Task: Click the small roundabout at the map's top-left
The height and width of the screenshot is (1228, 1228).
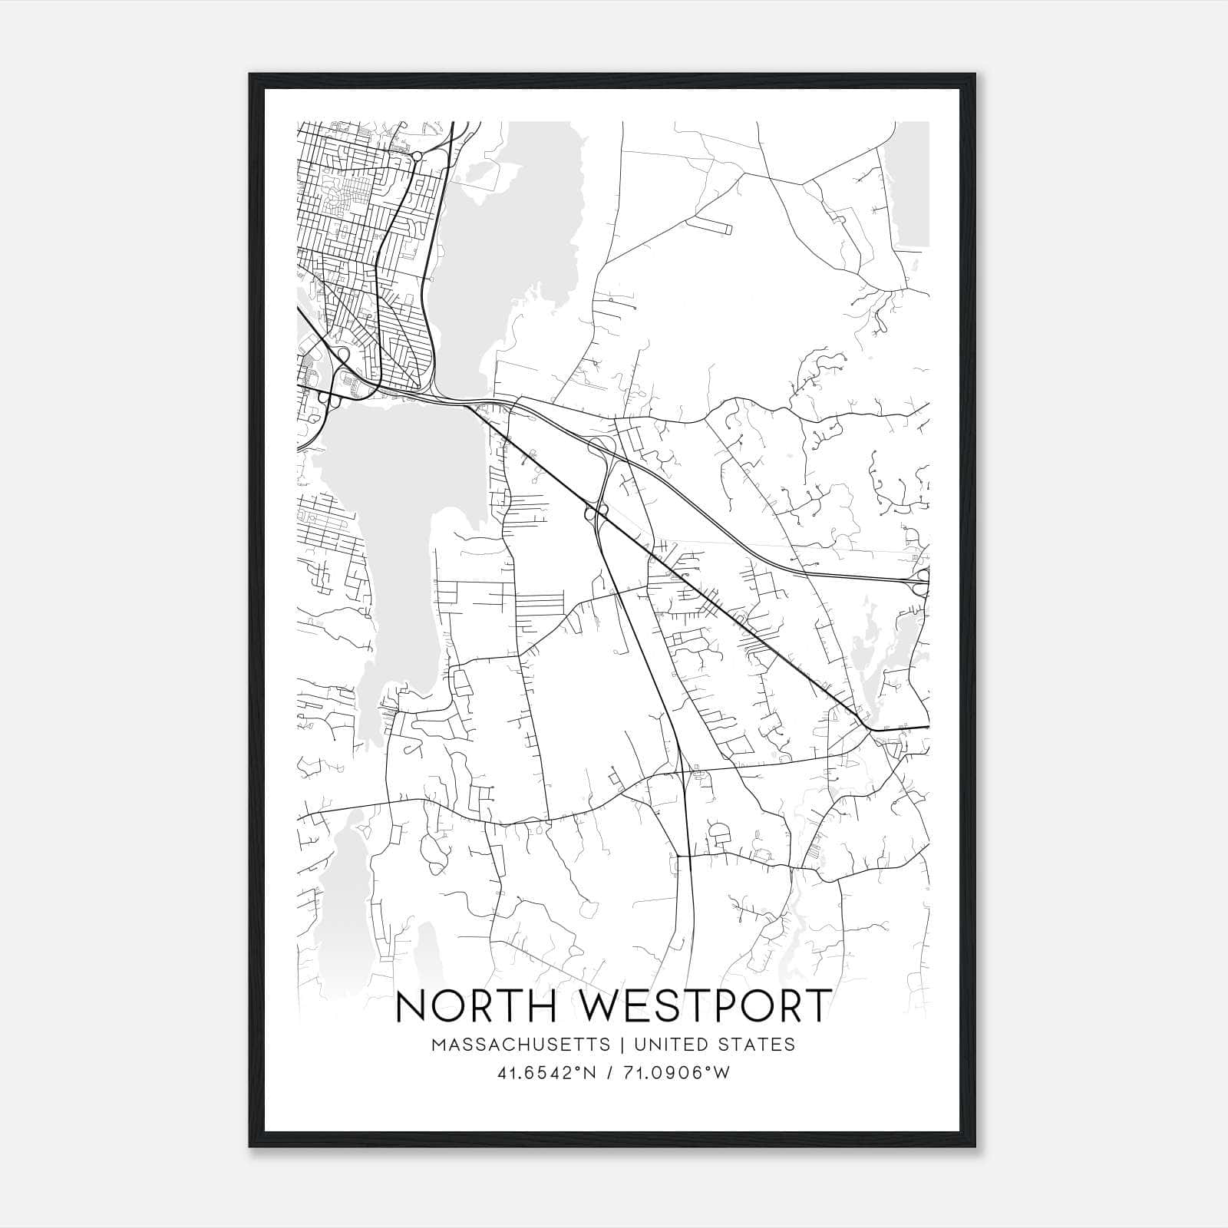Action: coord(416,157)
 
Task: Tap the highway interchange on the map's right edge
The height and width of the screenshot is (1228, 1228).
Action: coord(922,581)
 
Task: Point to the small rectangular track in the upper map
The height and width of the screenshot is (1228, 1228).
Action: coord(709,225)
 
